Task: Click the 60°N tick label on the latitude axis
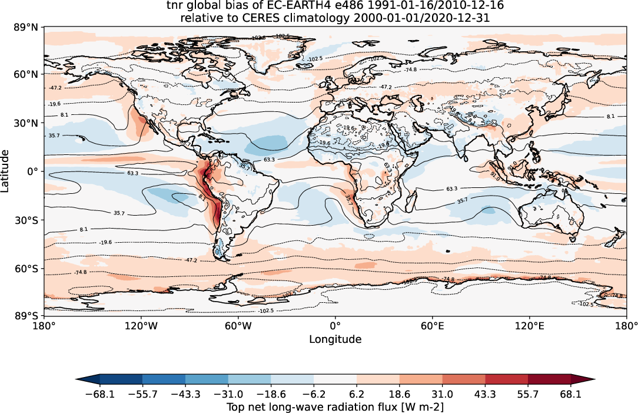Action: (28, 74)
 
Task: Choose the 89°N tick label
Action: (28, 27)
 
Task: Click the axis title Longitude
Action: (335, 339)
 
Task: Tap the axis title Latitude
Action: (6, 171)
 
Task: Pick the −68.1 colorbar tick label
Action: (99, 394)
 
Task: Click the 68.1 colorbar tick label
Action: (571, 394)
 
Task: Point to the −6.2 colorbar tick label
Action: (314, 394)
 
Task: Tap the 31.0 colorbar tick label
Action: (442, 394)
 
